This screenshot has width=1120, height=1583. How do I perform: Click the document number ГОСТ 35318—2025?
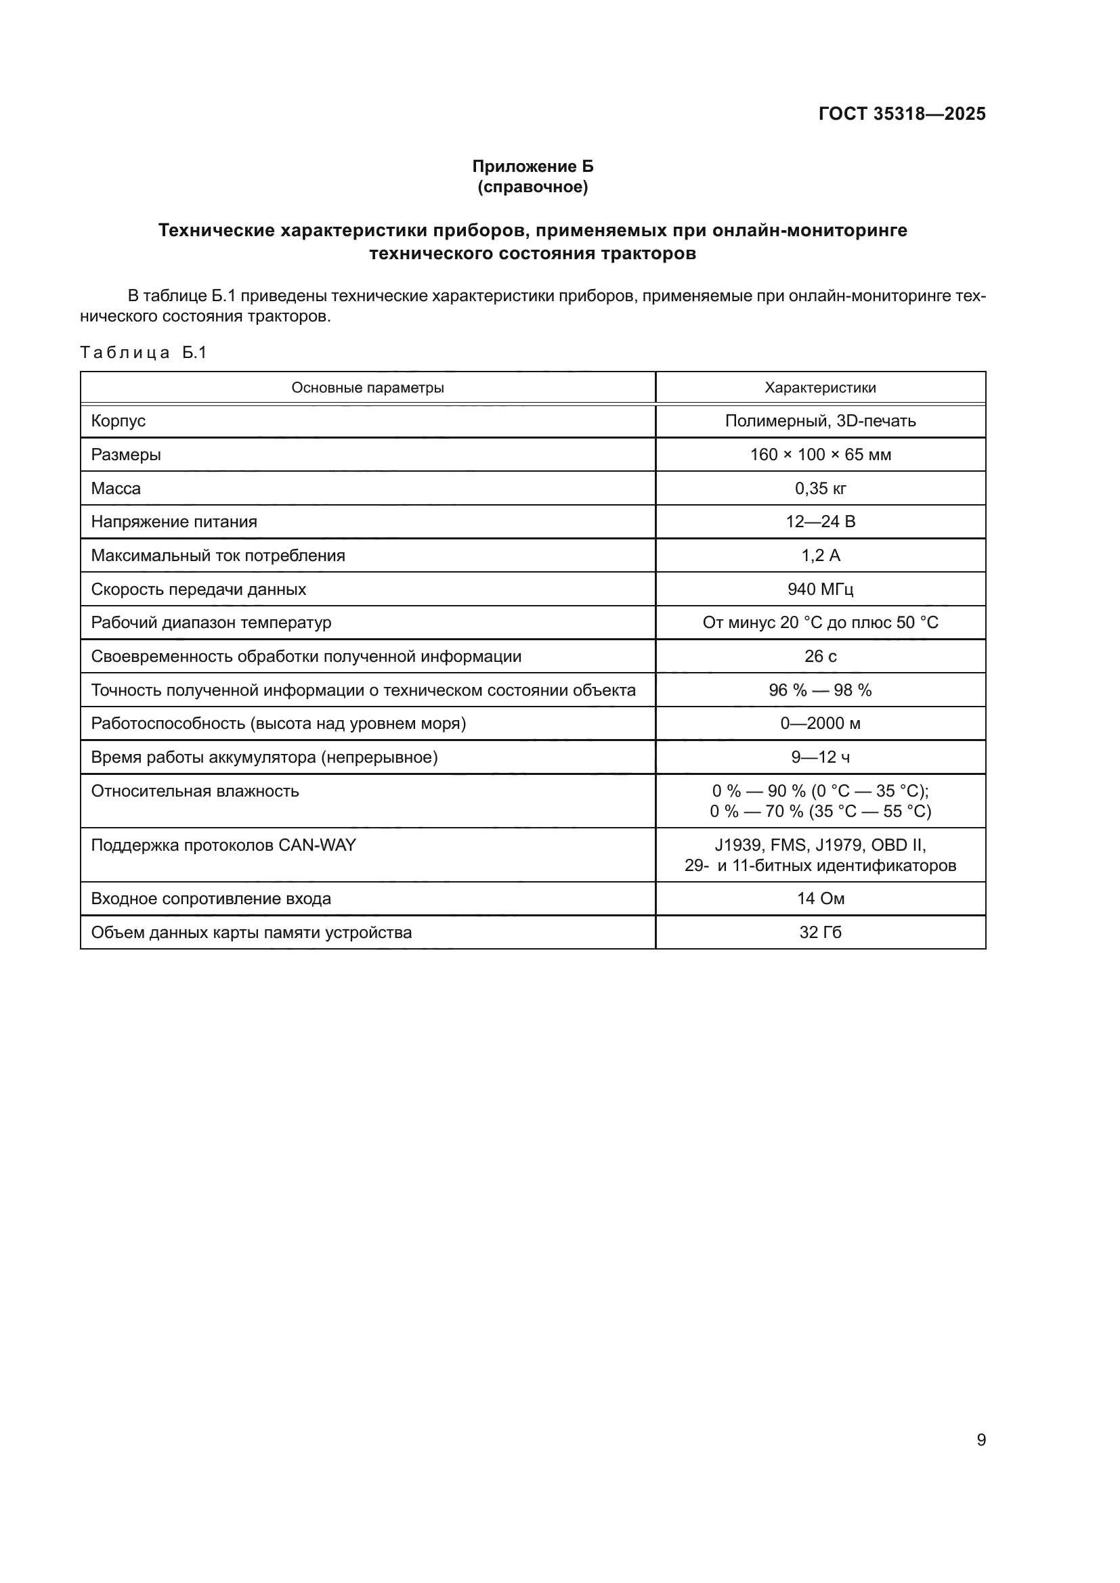[x=901, y=114]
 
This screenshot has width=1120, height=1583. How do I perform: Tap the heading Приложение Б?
[x=532, y=166]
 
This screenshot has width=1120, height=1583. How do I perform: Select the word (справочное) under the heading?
[x=532, y=187]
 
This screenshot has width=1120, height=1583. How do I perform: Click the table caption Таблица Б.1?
[x=144, y=353]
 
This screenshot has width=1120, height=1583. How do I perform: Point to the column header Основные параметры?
[x=368, y=388]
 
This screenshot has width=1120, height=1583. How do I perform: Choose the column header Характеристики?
[x=820, y=388]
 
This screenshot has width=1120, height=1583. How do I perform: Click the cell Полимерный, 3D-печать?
[x=820, y=420]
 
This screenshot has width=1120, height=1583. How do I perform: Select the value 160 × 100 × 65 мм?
[x=820, y=455]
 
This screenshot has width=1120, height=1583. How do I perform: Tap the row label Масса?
[x=116, y=489]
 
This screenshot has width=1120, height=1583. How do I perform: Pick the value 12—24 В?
[x=820, y=522]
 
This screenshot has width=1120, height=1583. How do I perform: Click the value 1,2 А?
[x=820, y=556]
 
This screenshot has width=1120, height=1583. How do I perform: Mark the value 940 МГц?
[x=820, y=589]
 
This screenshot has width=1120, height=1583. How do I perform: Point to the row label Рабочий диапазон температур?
[x=211, y=623]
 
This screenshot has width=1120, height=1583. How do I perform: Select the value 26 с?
[x=820, y=656]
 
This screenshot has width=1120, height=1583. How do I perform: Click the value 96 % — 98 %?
[x=820, y=690]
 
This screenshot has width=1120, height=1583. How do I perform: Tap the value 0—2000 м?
[x=820, y=723]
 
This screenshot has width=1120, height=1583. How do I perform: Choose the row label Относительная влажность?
[x=195, y=790]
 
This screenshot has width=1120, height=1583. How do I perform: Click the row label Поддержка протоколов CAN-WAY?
[x=223, y=845]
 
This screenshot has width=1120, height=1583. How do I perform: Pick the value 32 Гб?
[x=820, y=932]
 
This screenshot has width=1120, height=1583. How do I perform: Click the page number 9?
[x=981, y=1440]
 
